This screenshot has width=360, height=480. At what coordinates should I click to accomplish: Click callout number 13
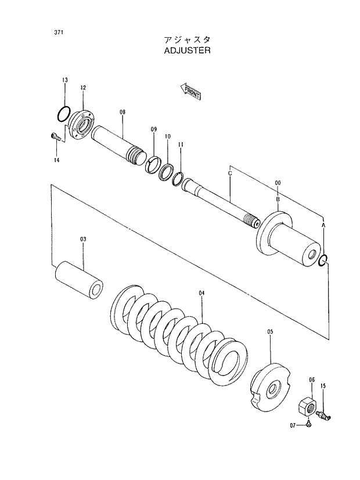[65, 80]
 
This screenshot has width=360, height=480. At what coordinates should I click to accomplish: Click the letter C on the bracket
[230, 173]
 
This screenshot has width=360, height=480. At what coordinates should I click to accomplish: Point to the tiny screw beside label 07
[309, 426]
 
